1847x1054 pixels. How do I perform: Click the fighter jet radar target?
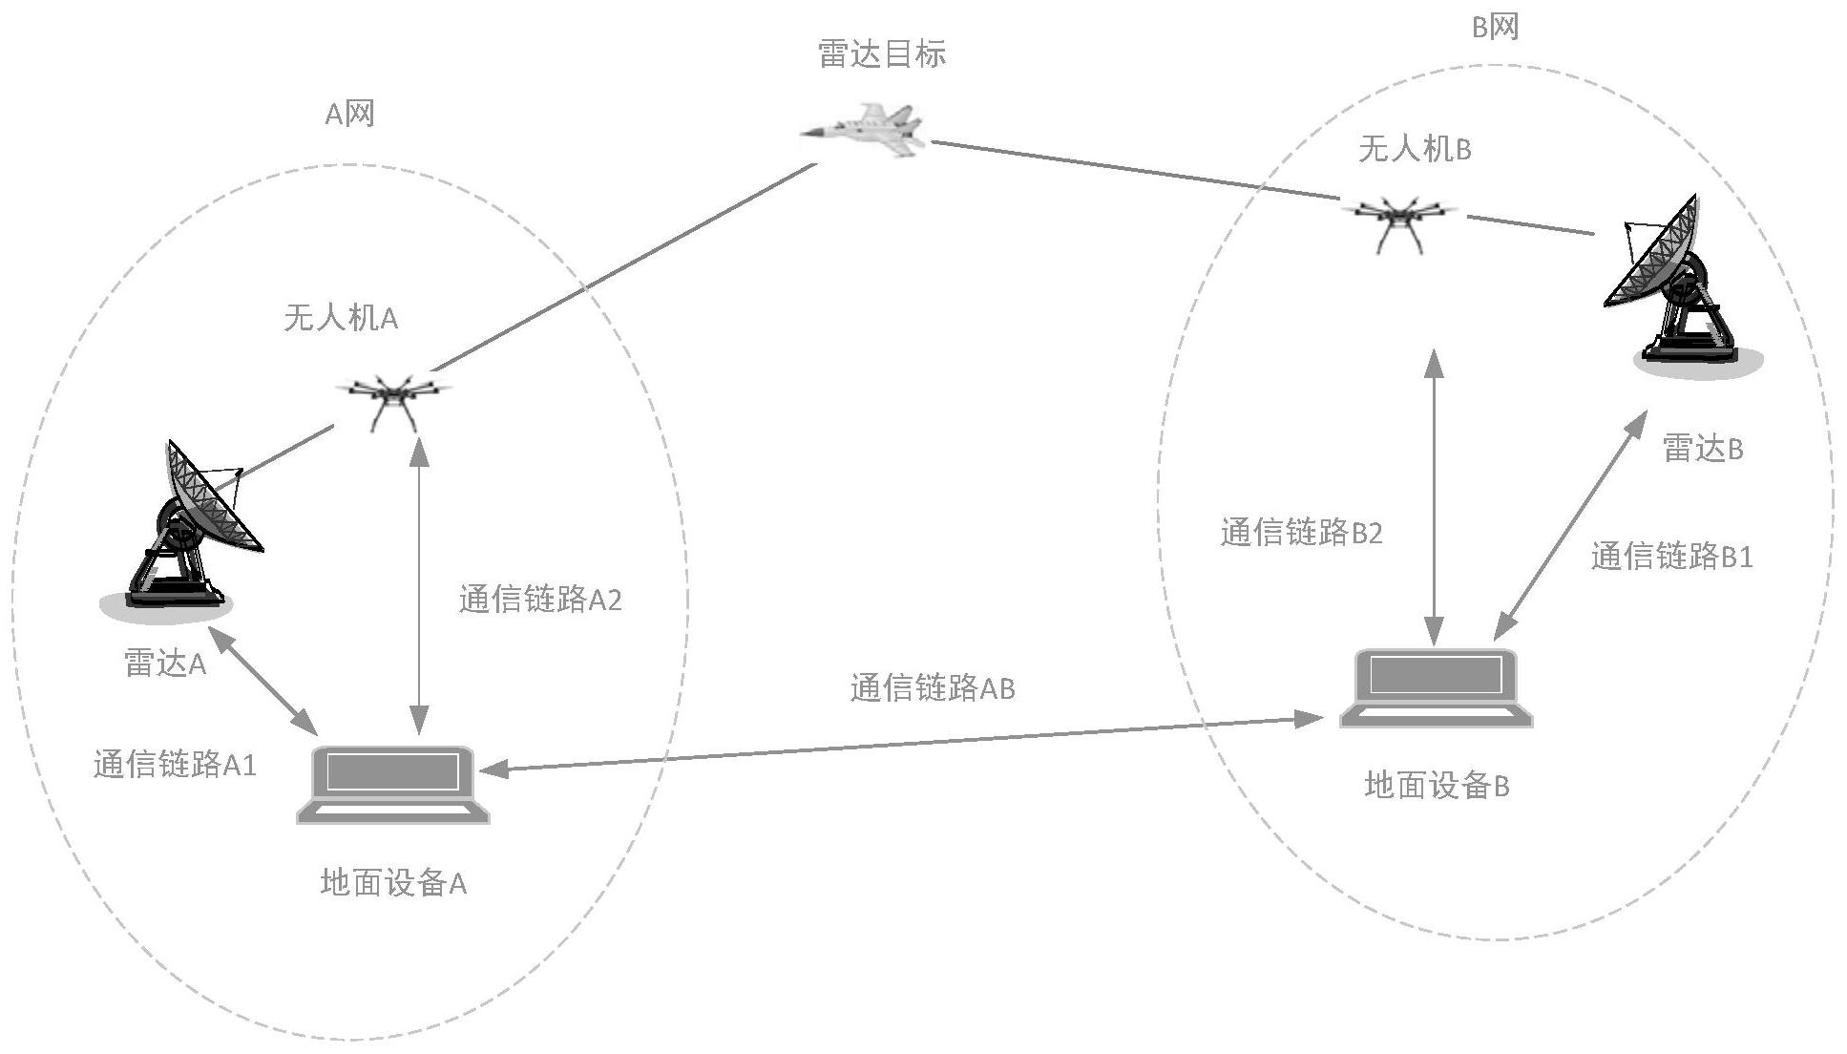[x=865, y=130]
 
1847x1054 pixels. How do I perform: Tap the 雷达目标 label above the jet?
[x=882, y=54]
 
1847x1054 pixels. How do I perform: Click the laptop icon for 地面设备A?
[x=392, y=783]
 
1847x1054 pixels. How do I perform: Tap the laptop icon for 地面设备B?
[x=1436, y=687]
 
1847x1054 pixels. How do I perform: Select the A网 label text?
[x=349, y=115]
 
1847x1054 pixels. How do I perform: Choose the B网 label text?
[x=1495, y=28]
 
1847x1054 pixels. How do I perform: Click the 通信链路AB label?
[x=932, y=688]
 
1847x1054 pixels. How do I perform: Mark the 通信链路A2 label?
[x=540, y=601]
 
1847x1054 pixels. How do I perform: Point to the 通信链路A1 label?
[x=175, y=765]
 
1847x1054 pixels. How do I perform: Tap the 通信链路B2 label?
[x=1301, y=533]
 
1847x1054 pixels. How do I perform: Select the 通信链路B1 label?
[x=1671, y=557]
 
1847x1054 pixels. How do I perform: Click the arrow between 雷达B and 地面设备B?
[x=1570, y=525]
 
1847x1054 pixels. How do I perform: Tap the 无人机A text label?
[x=340, y=318]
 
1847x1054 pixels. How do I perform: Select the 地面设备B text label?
[x=1437, y=786]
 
